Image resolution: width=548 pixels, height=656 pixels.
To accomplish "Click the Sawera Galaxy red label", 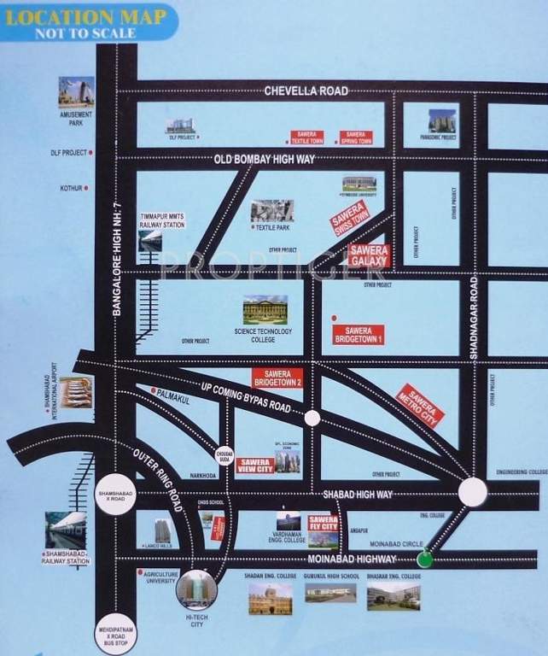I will [x=370, y=255].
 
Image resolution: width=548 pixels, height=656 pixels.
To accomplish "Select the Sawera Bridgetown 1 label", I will [x=359, y=334].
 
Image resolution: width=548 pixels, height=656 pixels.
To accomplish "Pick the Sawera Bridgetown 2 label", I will [x=277, y=378].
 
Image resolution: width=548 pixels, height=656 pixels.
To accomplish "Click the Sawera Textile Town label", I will [x=306, y=138].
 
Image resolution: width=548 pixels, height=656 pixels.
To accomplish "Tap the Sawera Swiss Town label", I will [x=349, y=218].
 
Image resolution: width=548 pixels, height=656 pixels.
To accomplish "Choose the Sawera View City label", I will [x=254, y=465].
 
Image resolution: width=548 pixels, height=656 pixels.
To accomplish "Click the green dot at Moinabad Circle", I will [x=424, y=559].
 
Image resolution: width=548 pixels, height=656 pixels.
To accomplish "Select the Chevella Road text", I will [x=294, y=91].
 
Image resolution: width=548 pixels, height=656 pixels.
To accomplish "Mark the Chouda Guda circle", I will [x=224, y=454].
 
